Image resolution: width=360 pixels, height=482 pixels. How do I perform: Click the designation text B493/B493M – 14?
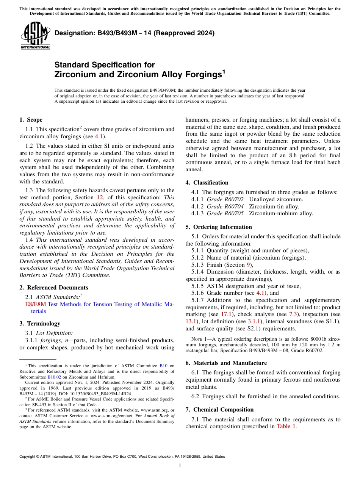134,33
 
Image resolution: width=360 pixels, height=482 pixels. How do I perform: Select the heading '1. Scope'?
31,120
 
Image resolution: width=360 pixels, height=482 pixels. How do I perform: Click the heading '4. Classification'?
207,183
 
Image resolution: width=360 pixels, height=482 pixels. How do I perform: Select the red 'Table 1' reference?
286,426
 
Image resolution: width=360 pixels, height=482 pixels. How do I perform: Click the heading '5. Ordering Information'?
219,227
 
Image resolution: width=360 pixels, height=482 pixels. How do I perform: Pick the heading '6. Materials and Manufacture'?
226,363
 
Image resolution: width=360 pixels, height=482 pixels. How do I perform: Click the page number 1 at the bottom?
180,466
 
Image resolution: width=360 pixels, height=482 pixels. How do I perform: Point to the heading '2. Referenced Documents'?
53,288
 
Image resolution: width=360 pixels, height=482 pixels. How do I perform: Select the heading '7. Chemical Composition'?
219,410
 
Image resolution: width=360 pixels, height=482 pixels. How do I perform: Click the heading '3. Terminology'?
40,324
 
